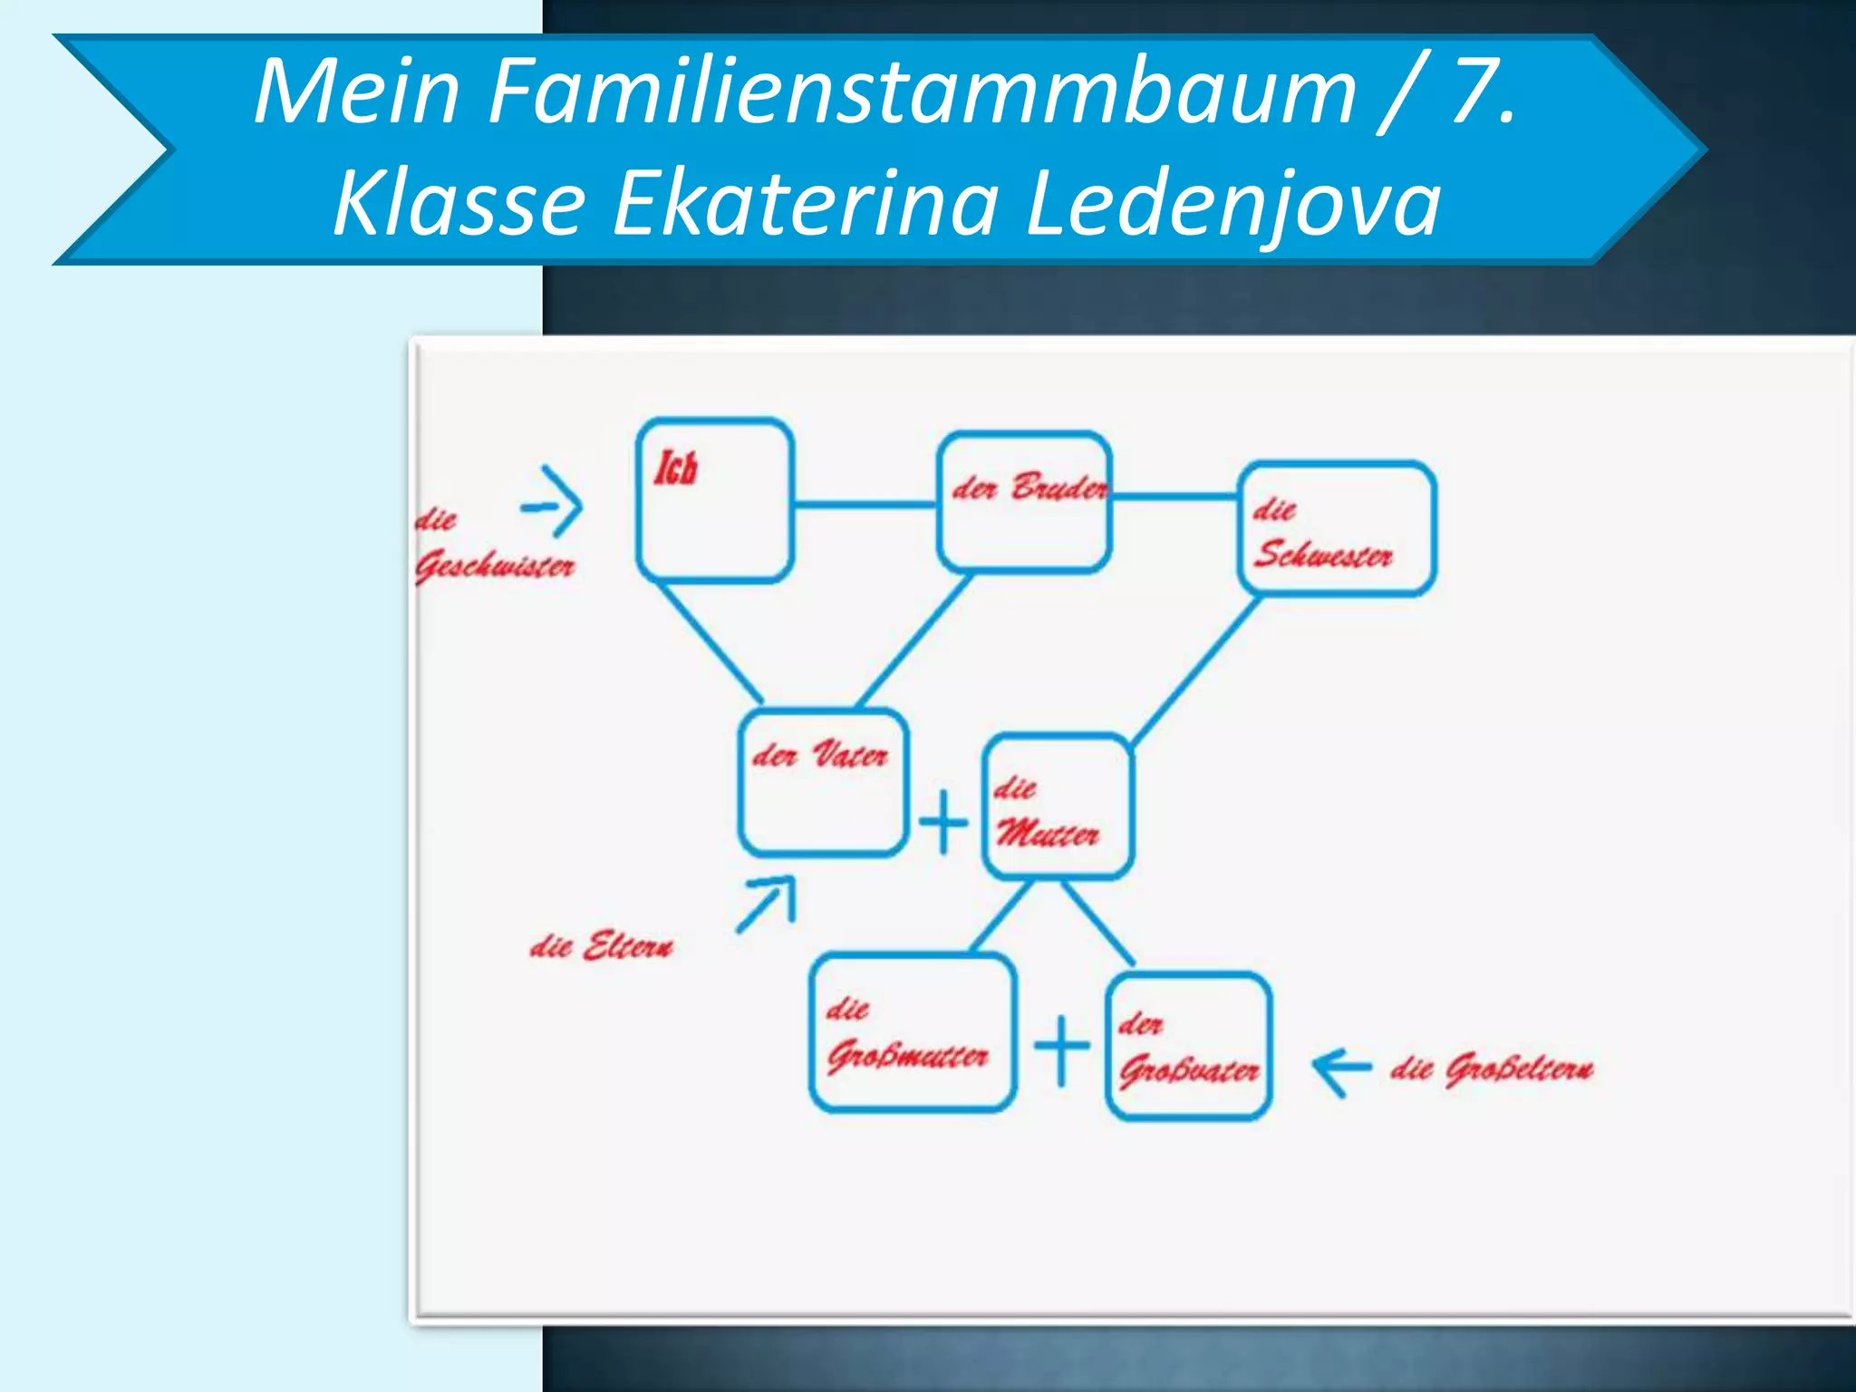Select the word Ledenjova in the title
click(x=1232, y=203)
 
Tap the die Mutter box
click(x=1058, y=807)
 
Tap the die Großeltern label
click(x=1492, y=1068)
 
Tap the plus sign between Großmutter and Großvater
click(x=1062, y=1049)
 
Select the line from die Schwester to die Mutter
click(x=1196, y=671)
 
